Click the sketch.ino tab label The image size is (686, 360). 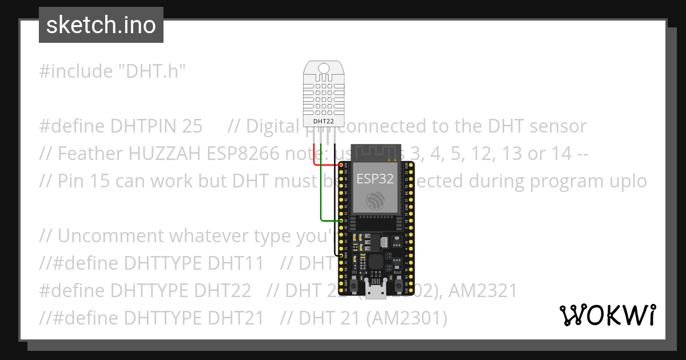click(101, 25)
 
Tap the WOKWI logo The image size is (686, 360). click(607, 315)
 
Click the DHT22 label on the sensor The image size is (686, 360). click(323, 121)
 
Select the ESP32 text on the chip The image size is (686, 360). click(375, 178)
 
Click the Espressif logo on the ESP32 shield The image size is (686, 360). click(376, 199)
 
